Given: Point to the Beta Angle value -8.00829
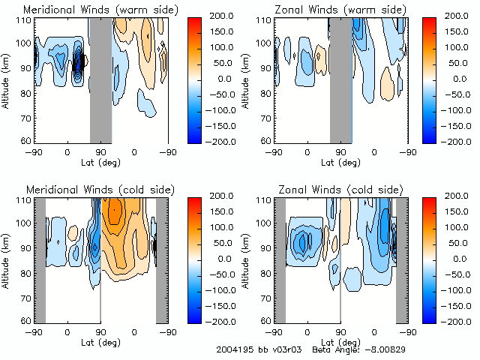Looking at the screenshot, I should (x=383, y=349).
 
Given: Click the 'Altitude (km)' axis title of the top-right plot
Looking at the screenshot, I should (x=247, y=79).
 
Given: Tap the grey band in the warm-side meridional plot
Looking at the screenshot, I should (x=100, y=79).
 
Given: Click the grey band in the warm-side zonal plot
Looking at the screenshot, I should (x=340, y=79).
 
